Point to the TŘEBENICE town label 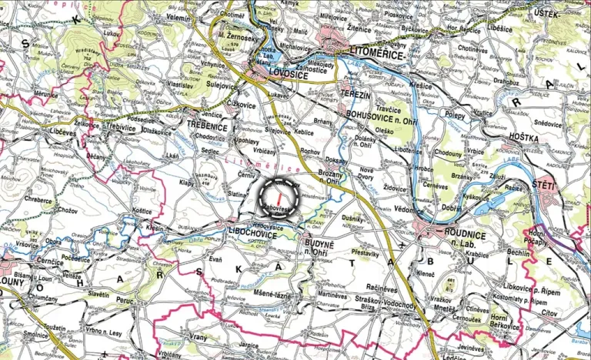207,122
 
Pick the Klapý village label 187,184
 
